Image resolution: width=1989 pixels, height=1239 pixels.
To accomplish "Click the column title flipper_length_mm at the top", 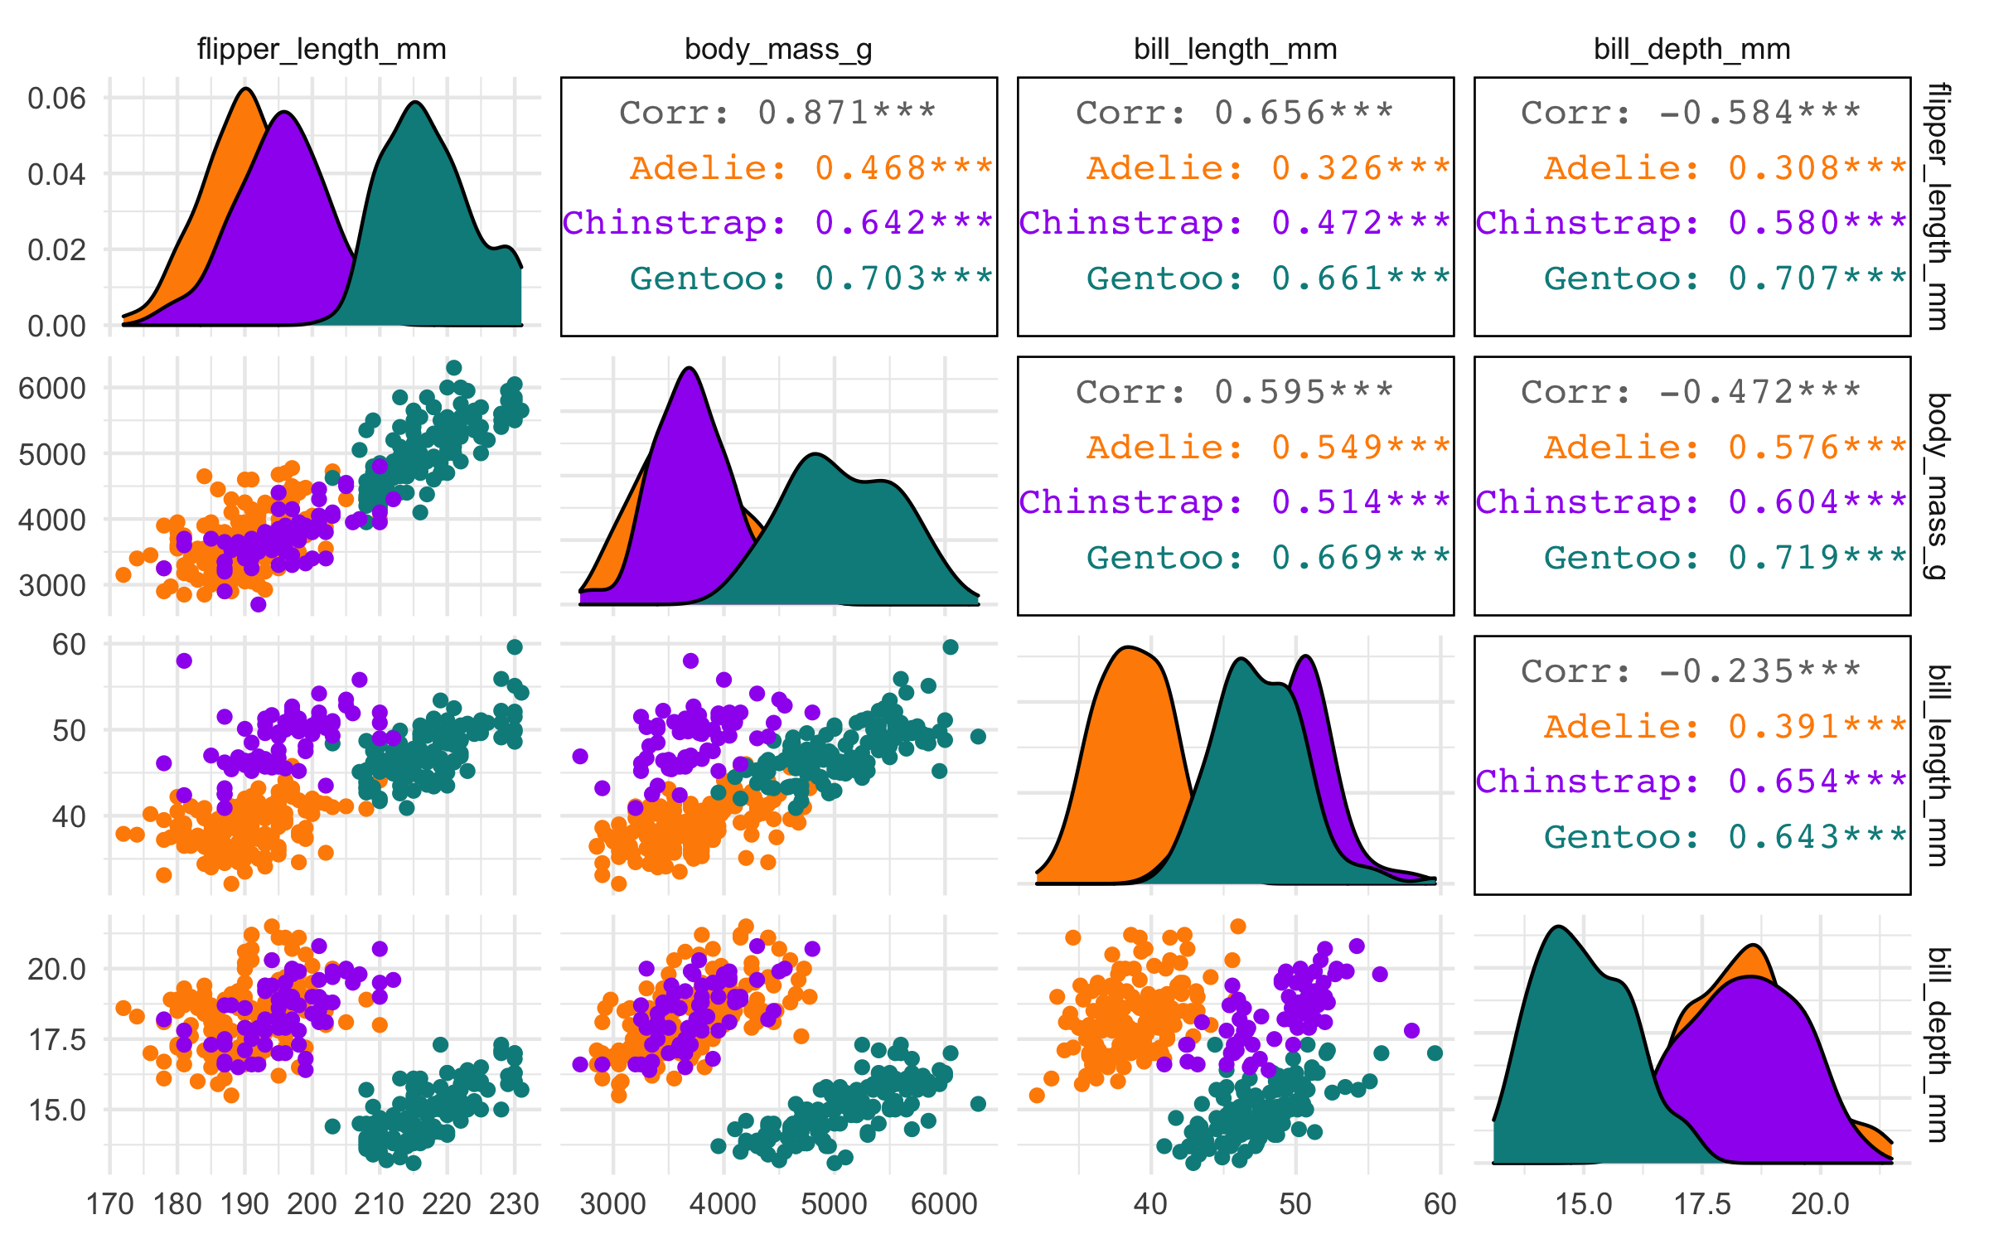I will coord(322,50).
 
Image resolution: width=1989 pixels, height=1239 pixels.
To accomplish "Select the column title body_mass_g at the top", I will coord(778,50).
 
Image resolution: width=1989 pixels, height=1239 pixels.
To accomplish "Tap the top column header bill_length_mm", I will coord(1235,50).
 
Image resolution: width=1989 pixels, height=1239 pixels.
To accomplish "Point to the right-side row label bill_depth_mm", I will coord(1938,1044).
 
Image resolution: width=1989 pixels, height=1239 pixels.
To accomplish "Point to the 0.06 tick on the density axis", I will coord(56,99).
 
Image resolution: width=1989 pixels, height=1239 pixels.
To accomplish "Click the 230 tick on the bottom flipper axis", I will coord(514,1203).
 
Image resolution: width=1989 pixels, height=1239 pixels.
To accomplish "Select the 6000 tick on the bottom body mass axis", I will coord(944,1203).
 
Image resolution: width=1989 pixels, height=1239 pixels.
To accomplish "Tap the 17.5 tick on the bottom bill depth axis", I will coord(1702,1203).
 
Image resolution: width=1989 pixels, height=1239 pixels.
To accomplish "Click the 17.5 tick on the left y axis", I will coord(56,1039).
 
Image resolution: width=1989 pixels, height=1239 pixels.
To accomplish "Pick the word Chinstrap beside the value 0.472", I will coord(1130,223).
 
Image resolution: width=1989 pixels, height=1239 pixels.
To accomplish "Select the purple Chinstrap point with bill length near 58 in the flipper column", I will coord(184,661).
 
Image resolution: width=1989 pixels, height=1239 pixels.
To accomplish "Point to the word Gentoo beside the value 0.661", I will coord(1164,278).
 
